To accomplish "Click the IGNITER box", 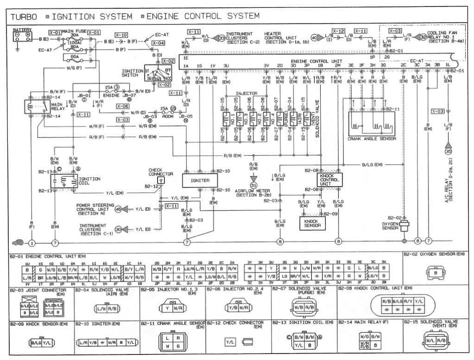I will click(x=200, y=180).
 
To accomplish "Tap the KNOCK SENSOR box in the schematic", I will click(x=311, y=223).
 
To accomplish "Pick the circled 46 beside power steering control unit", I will click(x=118, y=209).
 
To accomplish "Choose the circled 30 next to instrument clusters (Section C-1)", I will click(x=118, y=229).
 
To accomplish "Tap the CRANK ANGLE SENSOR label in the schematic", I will click(x=369, y=138).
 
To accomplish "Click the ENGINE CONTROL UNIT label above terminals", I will click(x=316, y=61).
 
